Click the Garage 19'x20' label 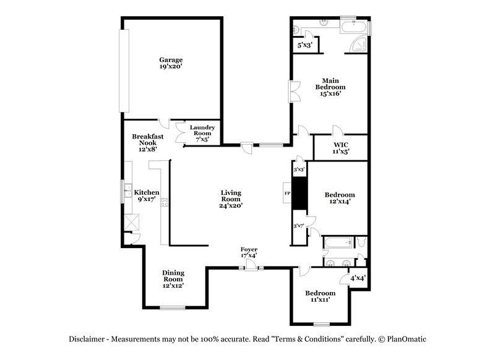[171, 63]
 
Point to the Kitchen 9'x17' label [147, 196]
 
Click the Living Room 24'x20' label [231, 199]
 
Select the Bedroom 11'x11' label [321, 296]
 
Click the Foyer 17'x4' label [249, 252]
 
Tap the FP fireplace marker [286, 193]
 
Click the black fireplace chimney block [299, 193]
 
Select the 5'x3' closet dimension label [304, 45]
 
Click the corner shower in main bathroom [358, 43]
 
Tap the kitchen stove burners [165, 202]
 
